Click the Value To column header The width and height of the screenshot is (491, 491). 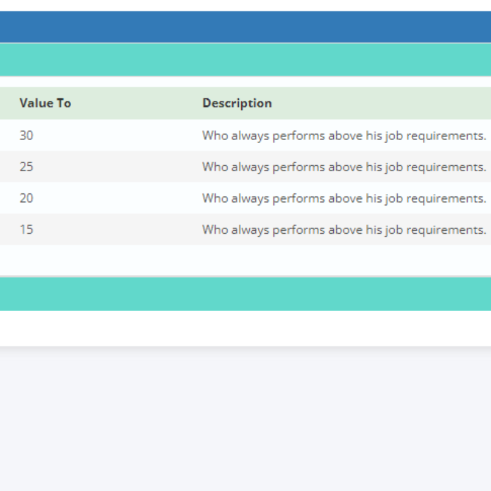[x=45, y=103]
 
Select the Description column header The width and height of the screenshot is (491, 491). [x=237, y=103]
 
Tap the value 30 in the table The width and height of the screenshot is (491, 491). [x=26, y=135]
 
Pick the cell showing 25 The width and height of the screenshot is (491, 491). [x=26, y=166]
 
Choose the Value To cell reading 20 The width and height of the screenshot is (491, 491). [x=26, y=198]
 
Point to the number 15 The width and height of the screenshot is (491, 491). [x=26, y=229]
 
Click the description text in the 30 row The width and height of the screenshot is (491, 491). [x=344, y=136]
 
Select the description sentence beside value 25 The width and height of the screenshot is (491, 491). [x=344, y=167]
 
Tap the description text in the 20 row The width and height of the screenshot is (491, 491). [x=344, y=198]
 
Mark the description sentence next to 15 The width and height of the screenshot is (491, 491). [x=344, y=230]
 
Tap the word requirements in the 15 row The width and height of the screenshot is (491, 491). [x=446, y=230]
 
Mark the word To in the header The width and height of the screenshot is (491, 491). [x=64, y=103]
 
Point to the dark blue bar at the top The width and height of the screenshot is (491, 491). [x=245, y=27]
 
